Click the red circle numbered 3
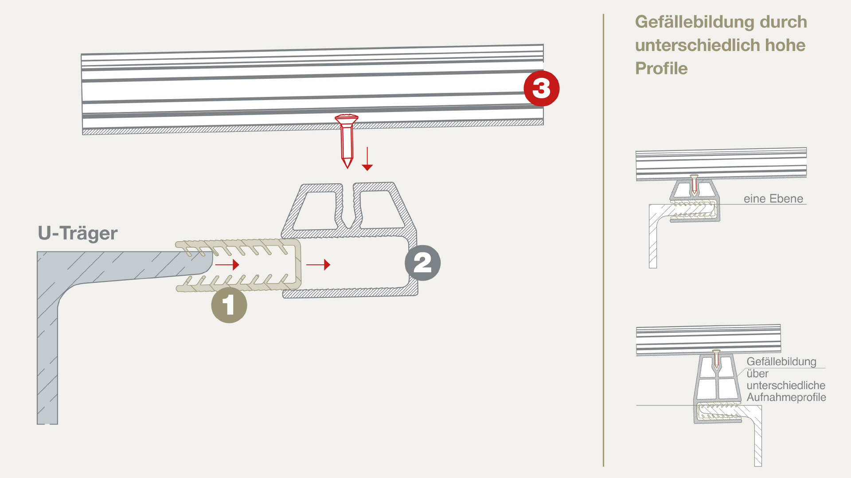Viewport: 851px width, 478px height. click(541, 89)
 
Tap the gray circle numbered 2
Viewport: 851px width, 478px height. click(422, 263)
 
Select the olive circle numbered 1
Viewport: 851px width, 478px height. click(229, 305)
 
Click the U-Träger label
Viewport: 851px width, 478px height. click(78, 233)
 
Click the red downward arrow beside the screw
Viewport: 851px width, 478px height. click(367, 159)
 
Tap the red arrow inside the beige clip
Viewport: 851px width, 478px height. click(227, 265)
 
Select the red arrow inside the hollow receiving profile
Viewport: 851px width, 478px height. click(318, 265)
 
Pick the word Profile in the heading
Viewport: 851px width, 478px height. click(661, 69)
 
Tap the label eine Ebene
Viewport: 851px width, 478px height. click(773, 199)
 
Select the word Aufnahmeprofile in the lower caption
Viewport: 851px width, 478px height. click(786, 397)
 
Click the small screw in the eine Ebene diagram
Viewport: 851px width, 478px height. click(694, 184)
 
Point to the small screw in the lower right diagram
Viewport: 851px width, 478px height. click(716, 359)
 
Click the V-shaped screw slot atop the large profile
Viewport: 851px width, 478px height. click(348, 208)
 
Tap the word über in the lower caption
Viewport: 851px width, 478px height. click(757, 374)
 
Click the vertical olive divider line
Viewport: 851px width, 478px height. click(603, 239)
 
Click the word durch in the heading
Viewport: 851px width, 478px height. click(783, 22)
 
